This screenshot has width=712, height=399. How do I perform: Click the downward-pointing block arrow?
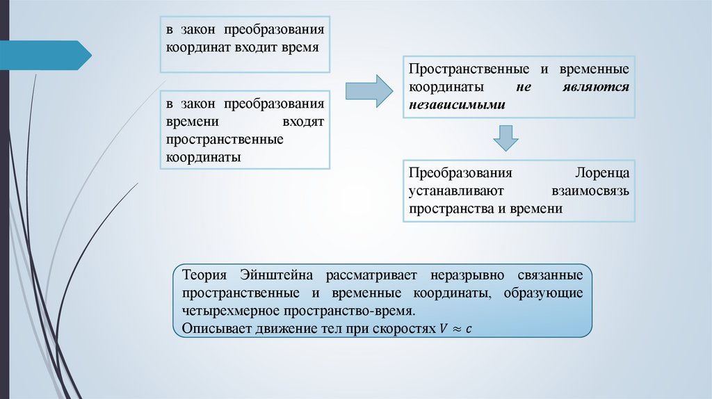coord(505,138)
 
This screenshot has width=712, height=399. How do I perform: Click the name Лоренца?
coord(602,173)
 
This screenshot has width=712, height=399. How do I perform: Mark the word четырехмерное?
coord(224,310)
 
